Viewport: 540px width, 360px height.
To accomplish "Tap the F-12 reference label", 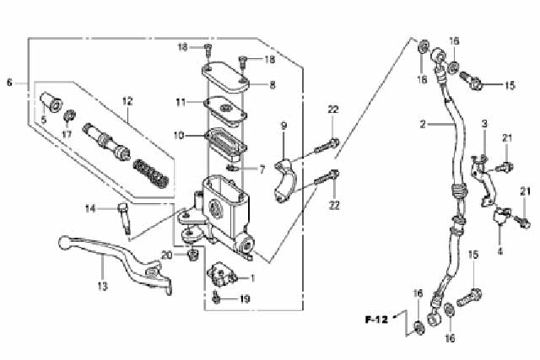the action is point(376,320).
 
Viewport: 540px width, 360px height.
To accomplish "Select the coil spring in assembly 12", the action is point(151,174).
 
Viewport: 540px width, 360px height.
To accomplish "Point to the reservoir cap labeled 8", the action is point(225,77).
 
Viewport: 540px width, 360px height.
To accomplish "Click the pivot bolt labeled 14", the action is point(124,218).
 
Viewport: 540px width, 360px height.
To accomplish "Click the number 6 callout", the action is point(9,83).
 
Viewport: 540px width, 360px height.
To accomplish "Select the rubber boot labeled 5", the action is point(51,102).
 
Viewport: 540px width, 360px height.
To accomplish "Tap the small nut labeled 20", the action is point(193,255).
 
